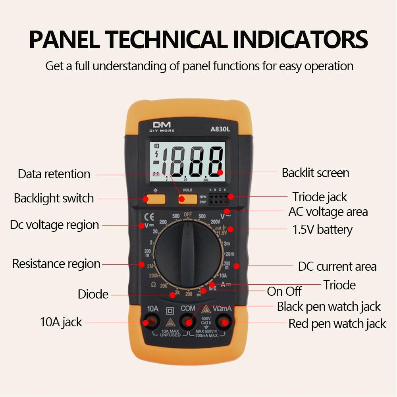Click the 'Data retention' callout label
54,174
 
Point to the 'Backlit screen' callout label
315,173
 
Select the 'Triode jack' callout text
320,197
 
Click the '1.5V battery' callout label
322,229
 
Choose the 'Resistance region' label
56,264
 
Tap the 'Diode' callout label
93,294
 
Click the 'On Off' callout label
284,291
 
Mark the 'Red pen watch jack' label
337,324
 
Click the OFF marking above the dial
188,215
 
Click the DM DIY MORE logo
162,127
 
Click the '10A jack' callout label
61,322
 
